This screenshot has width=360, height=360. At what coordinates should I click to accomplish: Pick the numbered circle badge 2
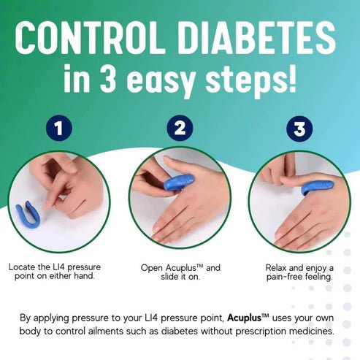(x=179, y=129)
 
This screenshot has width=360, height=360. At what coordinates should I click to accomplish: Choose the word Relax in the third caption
(x=279, y=267)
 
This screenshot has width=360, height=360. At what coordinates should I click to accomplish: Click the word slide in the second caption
(x=171, y=277)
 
